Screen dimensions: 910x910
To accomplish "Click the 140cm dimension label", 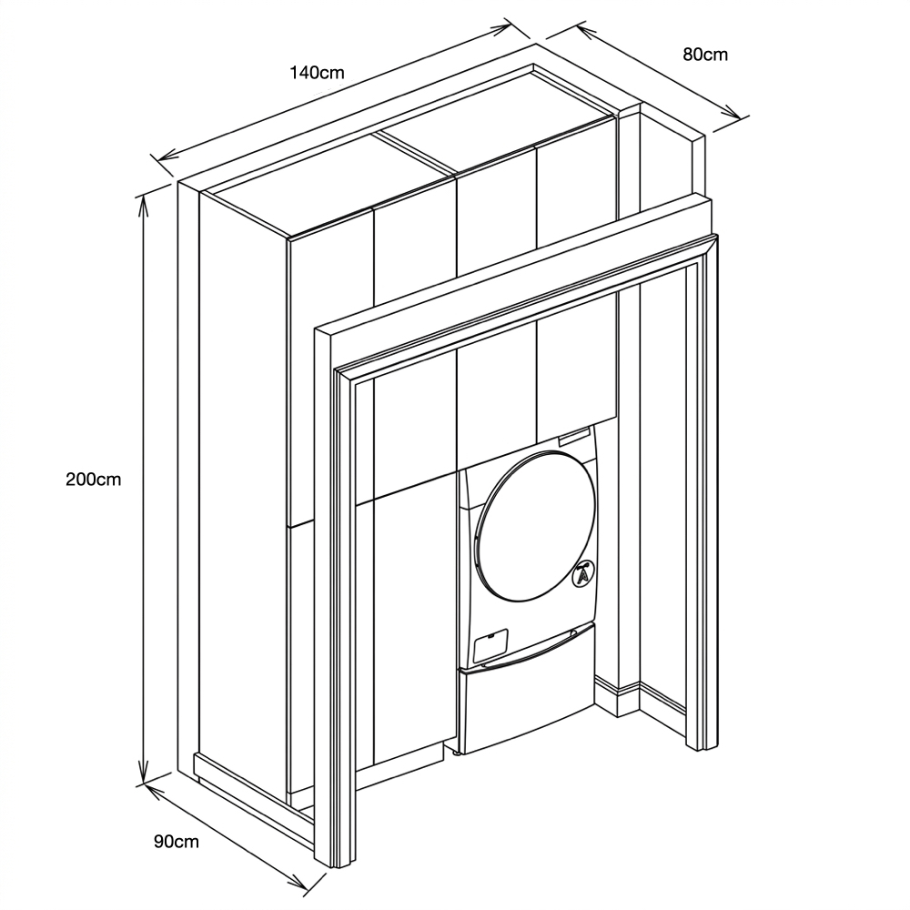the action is tap(317, 73).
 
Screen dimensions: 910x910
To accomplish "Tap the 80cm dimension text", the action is tap(705, 54).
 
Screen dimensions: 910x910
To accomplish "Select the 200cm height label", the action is tap(94, 480).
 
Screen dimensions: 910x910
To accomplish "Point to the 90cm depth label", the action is tap(177, 842).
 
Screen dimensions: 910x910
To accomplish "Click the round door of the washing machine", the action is tap(535, 523).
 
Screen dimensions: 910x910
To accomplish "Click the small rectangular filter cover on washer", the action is tap(491, 645).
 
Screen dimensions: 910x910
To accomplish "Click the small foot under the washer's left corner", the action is tap(457, 753).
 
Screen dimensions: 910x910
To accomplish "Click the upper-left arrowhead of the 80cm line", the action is tap(586, 33).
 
